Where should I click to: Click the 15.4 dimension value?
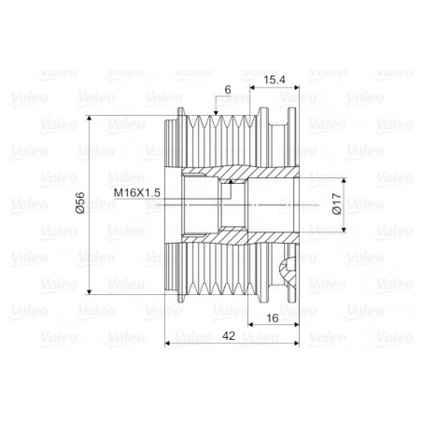274,80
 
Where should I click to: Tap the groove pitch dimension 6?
228,91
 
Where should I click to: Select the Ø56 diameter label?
80,203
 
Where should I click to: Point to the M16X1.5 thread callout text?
137,192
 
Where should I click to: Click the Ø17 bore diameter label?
337,204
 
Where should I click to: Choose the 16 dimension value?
272,318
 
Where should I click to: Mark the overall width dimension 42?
229,336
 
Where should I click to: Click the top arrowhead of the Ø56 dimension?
90,119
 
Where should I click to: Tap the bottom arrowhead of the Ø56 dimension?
90,291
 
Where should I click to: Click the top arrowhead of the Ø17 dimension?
344,181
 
